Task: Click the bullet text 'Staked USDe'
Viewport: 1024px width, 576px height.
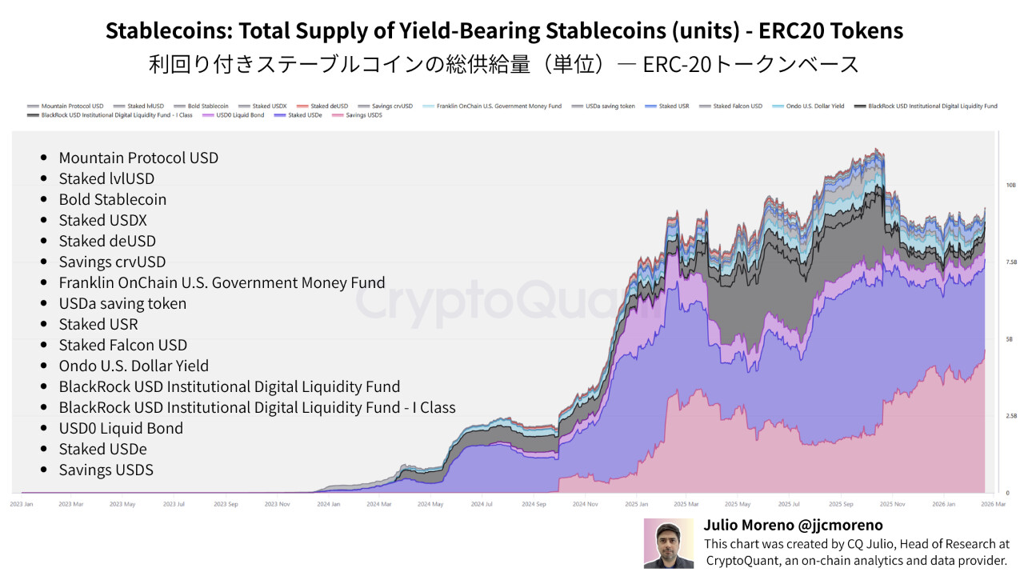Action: coord(102,449)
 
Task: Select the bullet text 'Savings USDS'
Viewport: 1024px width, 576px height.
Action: coord(106,470)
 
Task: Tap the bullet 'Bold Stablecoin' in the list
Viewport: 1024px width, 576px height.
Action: coord(112,199)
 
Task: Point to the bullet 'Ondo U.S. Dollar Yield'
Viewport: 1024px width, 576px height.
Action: coord(134,366)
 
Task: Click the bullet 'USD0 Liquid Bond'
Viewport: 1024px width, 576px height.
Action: coord(121,428)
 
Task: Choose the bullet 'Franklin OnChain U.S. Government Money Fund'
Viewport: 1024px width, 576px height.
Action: coord(222,282)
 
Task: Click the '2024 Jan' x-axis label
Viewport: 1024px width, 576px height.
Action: coord(329,504)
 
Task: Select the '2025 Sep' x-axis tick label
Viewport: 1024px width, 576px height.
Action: coord(842,504)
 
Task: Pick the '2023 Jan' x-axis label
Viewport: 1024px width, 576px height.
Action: coord(22,504)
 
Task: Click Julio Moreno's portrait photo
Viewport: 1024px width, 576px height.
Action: coord(669,543)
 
